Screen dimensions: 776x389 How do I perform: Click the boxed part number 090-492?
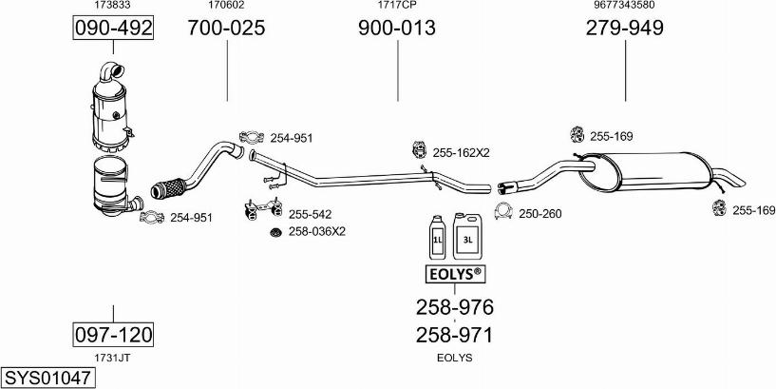(113, 28)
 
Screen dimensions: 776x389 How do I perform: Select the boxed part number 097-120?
(113, 335)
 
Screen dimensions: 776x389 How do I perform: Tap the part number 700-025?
(226, 28)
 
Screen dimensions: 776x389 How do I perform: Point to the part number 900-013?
(397, 28)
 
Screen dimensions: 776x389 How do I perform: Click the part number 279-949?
(625, 28)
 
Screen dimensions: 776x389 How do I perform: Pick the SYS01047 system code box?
(47, 379)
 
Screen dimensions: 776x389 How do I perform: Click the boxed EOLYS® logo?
(455, 275)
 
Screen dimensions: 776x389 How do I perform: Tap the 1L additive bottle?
(438, 237)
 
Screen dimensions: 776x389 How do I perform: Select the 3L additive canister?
(467, 236)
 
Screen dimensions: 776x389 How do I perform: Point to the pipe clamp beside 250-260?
(503, 211)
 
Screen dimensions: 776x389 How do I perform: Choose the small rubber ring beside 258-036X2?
(275, 232)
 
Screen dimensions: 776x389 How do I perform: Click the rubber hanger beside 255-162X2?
(419, 149)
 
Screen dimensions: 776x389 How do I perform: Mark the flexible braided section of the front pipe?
(167, 188)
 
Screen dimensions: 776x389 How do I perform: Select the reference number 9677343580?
(625, 5)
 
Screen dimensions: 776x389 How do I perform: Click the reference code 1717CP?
(397, 5)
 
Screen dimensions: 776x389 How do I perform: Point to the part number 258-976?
(454, 308)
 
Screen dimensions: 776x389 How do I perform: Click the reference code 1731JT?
(113, 358)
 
